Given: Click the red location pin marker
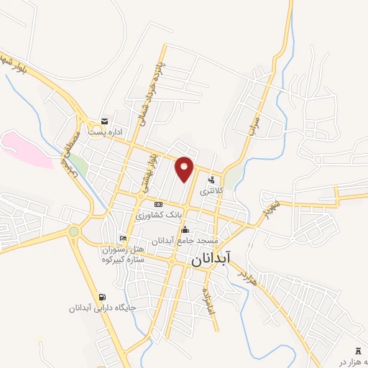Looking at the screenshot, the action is (185, 168).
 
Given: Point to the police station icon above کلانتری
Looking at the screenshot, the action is (211, 180).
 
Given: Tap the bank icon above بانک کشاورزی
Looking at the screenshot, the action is (159, 204).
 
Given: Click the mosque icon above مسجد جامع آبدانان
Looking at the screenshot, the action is (185, 230).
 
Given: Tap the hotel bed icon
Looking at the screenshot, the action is (124, 238).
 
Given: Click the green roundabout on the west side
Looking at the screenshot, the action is (73, 231).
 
